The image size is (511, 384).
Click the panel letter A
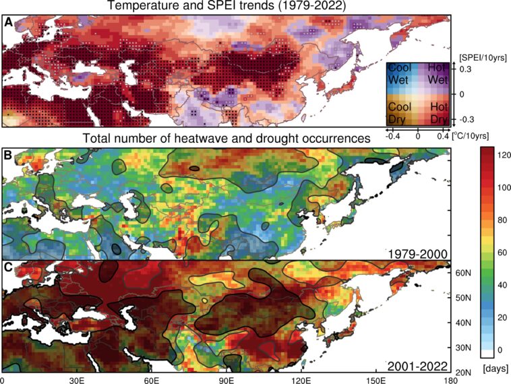coord(8,22)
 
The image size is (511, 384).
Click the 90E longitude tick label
coord(228,379)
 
